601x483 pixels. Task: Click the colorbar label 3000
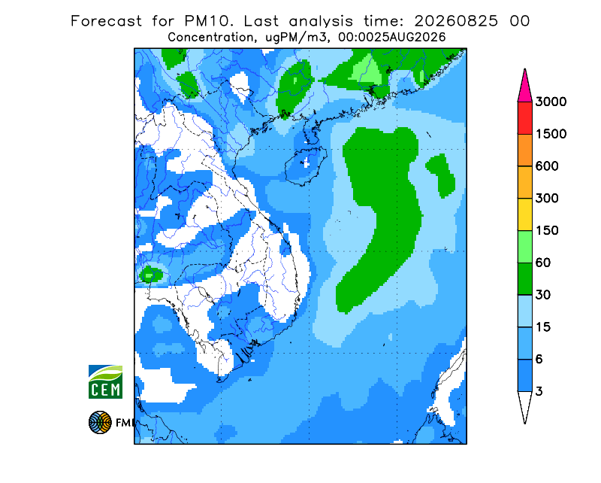(551, 102)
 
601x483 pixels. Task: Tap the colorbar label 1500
(551, 134)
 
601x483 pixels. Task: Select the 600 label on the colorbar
(547, 166)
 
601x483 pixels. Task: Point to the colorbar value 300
(547, 199)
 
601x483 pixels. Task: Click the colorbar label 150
(547, 231)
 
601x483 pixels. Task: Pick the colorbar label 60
(543, 263)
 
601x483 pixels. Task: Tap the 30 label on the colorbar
(543, 295)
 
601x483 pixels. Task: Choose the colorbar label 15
(543, 327)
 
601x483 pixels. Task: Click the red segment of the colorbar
(524, 118)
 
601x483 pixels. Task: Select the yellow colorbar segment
(524, 214)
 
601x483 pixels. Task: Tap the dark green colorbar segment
(524, 279)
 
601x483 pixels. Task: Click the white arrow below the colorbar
(524, 405)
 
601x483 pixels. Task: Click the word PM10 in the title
(208, 21)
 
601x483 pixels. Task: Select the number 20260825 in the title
(456, 21)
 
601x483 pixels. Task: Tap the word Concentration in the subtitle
(210, 38)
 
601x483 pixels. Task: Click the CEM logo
(105, 381)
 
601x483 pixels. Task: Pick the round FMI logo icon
(100, 422)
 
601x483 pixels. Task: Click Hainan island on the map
(306, 166)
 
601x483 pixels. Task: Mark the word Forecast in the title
(106, 21)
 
